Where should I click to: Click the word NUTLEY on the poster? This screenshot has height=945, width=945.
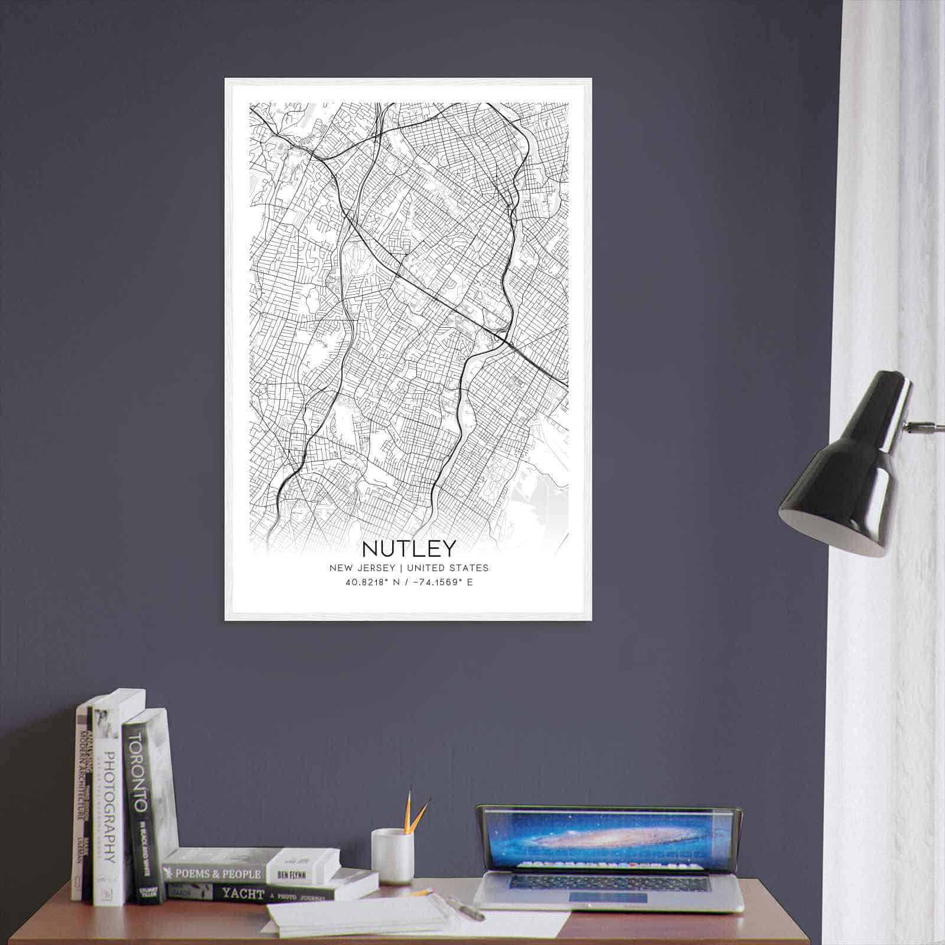[x=409, y=549]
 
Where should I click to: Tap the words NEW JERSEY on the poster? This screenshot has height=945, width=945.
[x=362, y=568]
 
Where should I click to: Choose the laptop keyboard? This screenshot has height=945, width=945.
[x=608, y=882]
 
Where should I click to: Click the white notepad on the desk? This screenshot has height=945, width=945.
[x=360, y=919]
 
